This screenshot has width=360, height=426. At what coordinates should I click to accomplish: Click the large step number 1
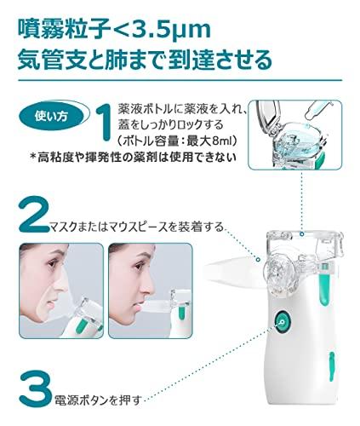[104, 122]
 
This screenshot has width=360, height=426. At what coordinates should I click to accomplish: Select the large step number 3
[36, 389]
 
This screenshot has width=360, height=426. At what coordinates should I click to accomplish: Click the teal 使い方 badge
[51, 117]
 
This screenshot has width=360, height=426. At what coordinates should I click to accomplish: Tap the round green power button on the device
[283, 322]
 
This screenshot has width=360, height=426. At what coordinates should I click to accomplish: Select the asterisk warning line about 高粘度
[134, 157]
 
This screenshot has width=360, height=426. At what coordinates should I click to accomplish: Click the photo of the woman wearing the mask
[61, 291]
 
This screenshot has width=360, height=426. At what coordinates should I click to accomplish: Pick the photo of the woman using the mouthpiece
[151, 291]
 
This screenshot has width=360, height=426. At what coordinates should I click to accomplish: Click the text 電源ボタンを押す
[98, 400]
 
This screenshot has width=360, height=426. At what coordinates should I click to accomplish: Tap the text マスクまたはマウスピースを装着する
[137, 227]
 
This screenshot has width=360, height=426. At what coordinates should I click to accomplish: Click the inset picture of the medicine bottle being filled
[295, 135]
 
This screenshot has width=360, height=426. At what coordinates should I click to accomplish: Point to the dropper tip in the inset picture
[307, 118]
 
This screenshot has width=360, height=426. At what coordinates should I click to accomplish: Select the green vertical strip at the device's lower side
[332, 367]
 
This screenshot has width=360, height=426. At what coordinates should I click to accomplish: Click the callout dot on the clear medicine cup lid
[302, 234]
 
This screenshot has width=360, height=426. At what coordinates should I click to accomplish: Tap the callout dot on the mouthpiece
[258, 259]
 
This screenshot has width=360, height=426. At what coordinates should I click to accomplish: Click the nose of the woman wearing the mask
[63, 285]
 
